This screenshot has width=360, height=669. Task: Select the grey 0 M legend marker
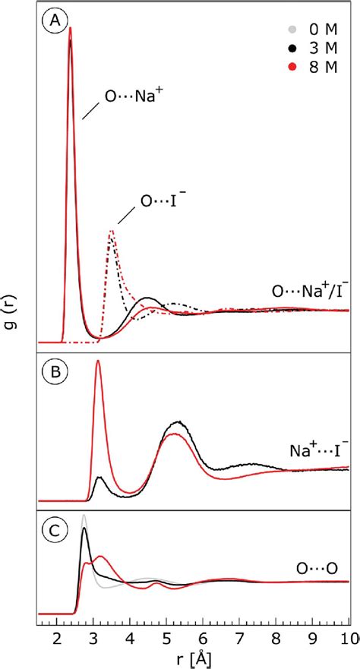(x=290, y=30)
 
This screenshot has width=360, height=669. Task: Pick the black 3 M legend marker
(x=290, y=48)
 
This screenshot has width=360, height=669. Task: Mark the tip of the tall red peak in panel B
(x=98, y=361)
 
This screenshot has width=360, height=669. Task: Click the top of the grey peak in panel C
(x=84, y=516)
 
